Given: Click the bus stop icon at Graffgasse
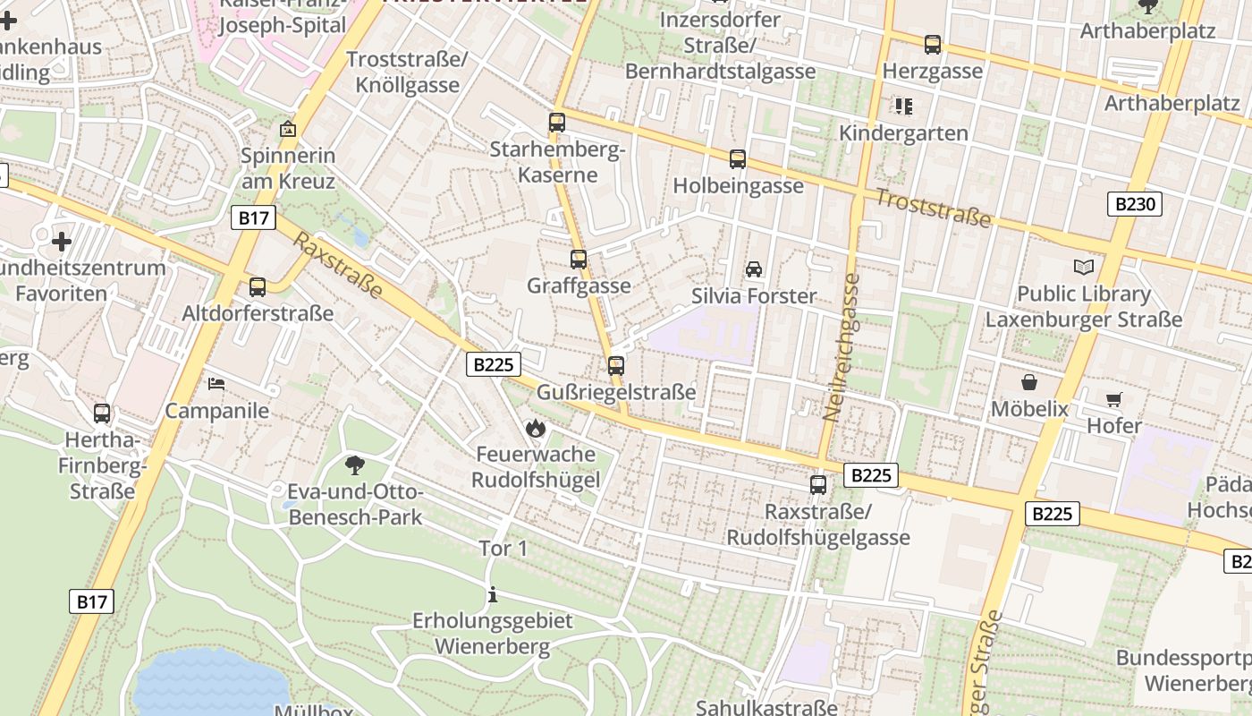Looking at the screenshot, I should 579,260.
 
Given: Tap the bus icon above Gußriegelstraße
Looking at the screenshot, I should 615,365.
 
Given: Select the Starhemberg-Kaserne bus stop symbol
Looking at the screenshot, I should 557,123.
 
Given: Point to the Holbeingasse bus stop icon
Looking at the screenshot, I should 738,159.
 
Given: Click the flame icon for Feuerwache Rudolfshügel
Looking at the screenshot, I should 536,428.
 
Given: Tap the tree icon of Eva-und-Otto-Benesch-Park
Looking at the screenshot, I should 355,465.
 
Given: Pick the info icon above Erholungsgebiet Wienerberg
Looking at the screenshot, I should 492,594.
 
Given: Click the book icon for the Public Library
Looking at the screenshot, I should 1083,267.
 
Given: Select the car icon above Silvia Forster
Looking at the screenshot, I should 754,269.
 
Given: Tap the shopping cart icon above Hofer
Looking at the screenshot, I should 1113,399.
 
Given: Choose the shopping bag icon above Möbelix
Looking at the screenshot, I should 1029,382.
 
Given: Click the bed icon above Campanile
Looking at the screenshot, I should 216,384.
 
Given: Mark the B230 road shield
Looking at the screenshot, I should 1136,204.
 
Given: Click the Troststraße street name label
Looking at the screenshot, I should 933,208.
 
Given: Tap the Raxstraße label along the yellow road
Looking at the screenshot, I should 338,266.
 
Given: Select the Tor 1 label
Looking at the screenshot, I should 503,549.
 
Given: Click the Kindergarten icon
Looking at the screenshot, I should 903,107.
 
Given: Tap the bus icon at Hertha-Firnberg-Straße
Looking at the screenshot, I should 102,413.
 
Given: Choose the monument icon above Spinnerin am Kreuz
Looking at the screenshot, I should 288,130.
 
